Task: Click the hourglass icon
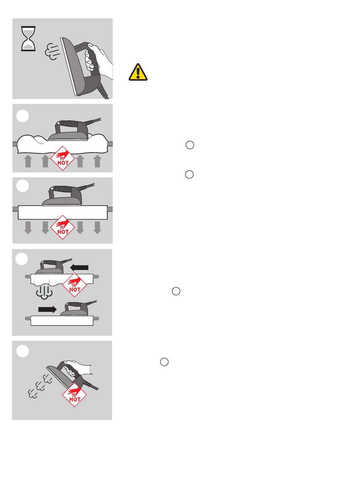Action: coord(28,39)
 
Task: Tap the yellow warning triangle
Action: coord(138,72)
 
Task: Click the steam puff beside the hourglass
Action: coord(52,51)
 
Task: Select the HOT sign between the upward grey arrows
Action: coord(63,158)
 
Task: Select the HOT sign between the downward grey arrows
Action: coord(63,227)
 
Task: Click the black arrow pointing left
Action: coord(79,267)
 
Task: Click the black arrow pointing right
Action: coord(47,309)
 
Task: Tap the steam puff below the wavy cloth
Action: coord(44,292)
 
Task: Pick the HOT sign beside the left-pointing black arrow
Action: coord(74,285)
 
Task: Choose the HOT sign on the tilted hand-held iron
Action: coord(74,395)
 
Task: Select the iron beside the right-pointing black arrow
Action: coord(77,308)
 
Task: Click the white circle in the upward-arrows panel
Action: coord(22,116)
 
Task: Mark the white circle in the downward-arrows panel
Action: coord(22,186)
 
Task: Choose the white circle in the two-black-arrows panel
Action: coord(22,259)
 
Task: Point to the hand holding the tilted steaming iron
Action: coord(78,368)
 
